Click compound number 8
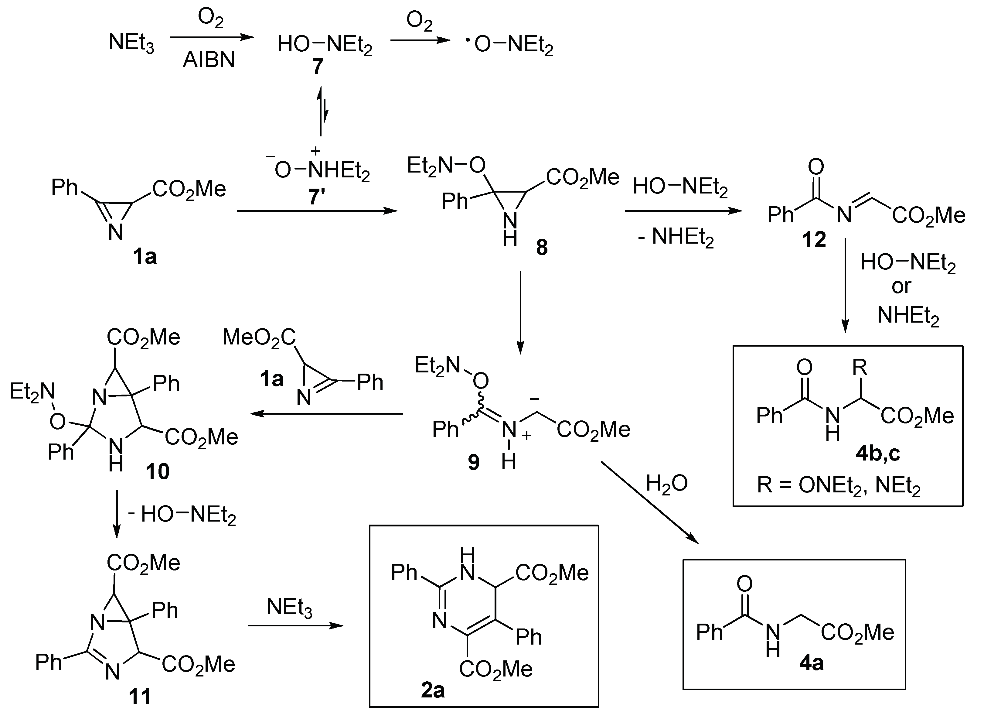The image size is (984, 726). [542, 248]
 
